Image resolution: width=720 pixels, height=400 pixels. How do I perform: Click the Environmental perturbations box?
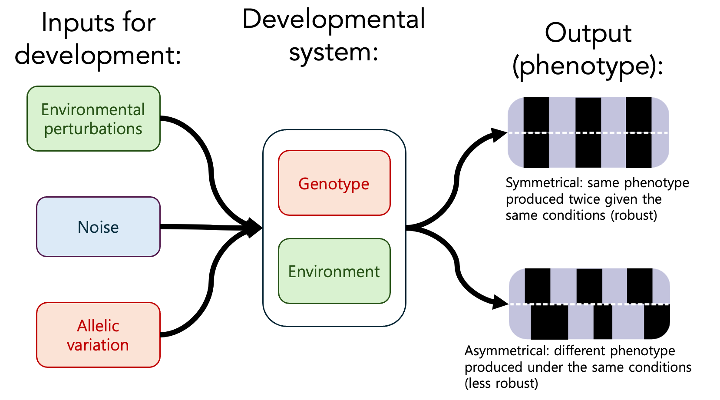click(93, 119)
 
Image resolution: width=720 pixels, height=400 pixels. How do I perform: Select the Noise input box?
click(98, 227)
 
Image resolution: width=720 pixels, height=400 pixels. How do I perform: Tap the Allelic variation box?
click(98, 335)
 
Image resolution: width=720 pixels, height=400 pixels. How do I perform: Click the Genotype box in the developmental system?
click(334, 183)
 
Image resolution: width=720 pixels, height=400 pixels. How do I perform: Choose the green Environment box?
click(334, 271)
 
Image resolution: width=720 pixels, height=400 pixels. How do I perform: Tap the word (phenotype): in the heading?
click(588, 66)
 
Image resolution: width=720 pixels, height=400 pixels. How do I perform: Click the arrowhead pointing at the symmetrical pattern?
click(498, 134)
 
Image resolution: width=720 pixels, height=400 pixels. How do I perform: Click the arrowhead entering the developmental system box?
click(254, 228)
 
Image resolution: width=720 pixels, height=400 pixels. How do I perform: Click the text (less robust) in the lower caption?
click(502, 383)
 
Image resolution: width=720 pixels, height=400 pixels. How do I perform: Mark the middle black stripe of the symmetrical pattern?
click(588, 132)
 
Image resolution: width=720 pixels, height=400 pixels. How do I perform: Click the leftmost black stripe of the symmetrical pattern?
click(536, 132)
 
